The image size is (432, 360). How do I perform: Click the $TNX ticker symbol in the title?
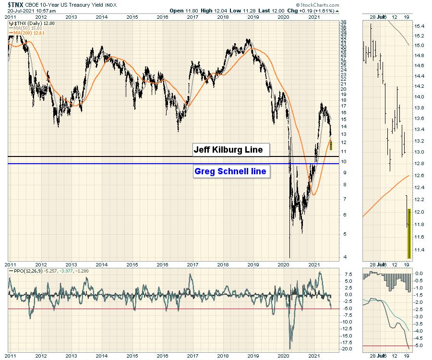(18, 4)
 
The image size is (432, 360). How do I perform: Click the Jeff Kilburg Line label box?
(228, 150)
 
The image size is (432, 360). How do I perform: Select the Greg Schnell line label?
(230, 171)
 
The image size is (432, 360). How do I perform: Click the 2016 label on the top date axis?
(162, 17)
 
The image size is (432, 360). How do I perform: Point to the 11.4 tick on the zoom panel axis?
(420, 250)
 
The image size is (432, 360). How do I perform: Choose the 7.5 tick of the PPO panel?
(348, 275)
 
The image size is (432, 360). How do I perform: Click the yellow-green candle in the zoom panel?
(409, 233)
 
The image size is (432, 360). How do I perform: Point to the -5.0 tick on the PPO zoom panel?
(419, 346)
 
